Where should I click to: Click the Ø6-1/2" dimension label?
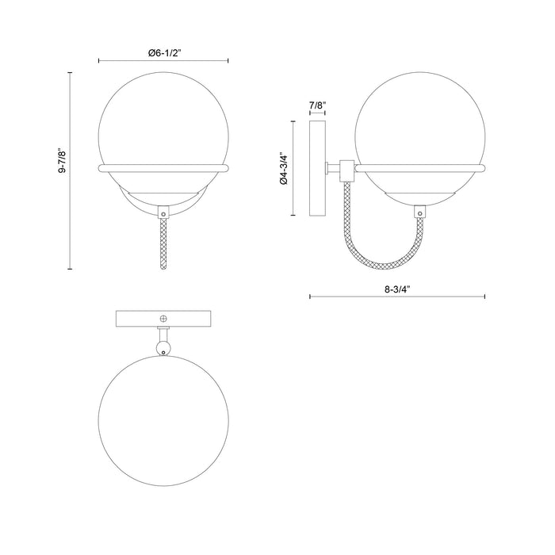click(x=164, y=52)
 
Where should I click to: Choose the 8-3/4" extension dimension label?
click(x=396, y=289)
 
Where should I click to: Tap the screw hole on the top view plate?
click(x=163, y=319)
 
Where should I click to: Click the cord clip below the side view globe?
click(x=420, y=212)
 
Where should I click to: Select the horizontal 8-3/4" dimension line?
click(x=396, y=297)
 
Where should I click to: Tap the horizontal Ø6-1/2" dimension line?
click(x=164, y=60)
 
